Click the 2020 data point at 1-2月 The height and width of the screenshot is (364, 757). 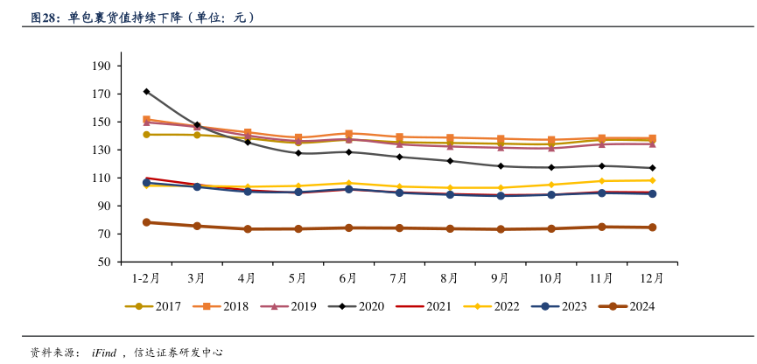146,91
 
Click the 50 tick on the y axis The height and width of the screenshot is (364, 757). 103,262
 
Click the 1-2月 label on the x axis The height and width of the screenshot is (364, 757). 145,278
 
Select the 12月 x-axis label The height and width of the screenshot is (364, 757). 651,278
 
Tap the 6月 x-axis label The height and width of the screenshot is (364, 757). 347,278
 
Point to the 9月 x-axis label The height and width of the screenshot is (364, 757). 500,278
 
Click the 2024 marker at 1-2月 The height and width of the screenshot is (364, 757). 146,222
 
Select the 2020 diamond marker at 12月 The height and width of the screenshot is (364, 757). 652,168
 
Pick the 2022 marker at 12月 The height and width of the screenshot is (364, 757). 652,180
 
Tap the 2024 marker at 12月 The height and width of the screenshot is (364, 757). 652,227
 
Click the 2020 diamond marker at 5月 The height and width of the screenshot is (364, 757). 298,153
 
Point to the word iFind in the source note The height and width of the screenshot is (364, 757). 104,353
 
